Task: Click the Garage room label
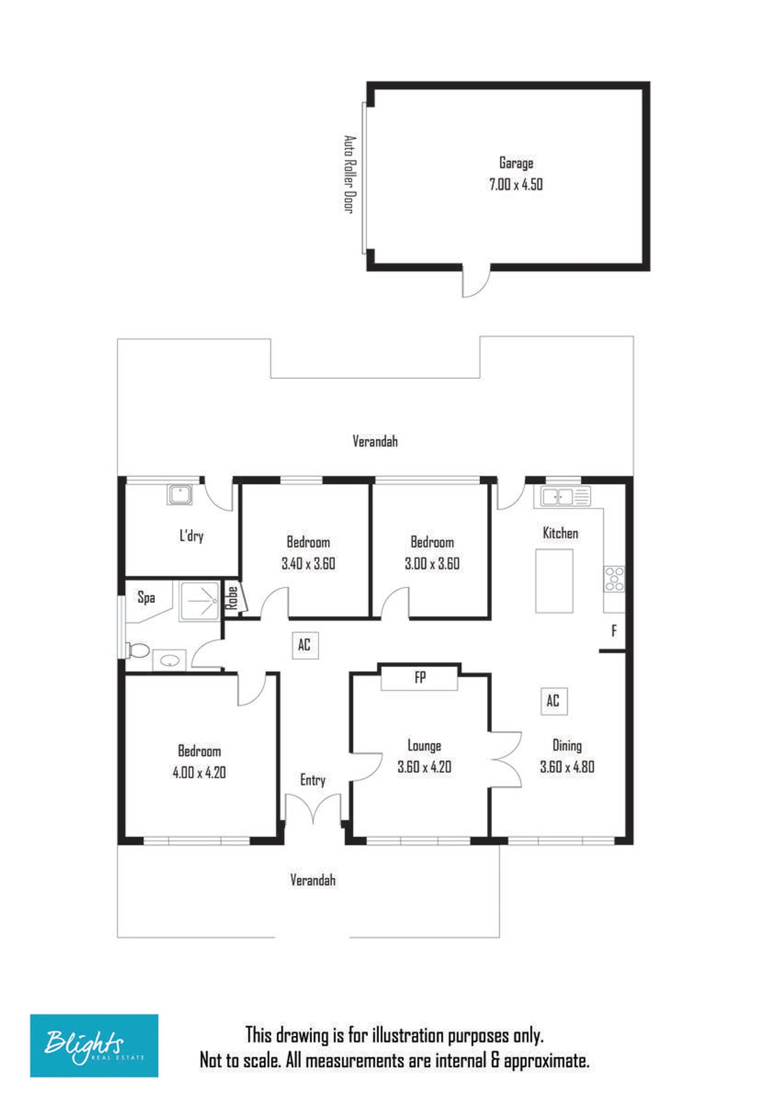tap(516, 163)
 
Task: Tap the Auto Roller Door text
tap(349, 174)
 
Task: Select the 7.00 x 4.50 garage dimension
tap(516, 184)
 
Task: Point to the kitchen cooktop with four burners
tap(615, 579)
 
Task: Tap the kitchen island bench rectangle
tap(554, 581)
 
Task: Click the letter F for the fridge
tap(614, 631)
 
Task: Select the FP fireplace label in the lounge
tap(420, 677)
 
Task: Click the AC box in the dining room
tap(554, 701)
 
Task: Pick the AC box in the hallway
tap(305, 645)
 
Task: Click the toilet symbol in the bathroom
tap(137, 650)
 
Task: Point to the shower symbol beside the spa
tap(199, 601)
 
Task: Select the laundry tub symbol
tap(180, 495)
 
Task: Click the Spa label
tap(147, 598)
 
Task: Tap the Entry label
tap(313, 780)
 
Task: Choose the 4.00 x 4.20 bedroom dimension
tap(199, 772)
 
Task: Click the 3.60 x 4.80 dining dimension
tap(567, 767)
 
